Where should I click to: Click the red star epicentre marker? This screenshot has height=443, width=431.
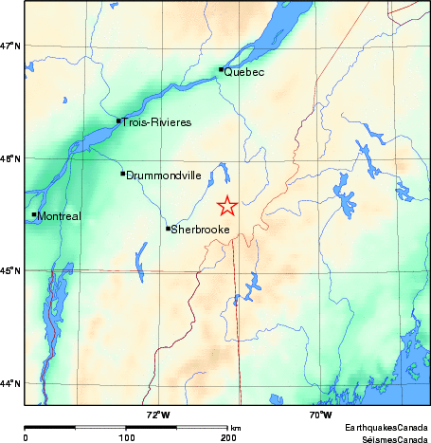tap(227, 206)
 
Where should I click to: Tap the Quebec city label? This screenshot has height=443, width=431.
tap(243, 72)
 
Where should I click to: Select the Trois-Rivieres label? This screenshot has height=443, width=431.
tap(156, 122)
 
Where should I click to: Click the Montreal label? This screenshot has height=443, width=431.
tap(59, 216)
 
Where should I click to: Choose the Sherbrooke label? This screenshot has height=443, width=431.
tap(200, 230)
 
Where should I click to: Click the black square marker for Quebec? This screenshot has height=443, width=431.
tap(221, 69)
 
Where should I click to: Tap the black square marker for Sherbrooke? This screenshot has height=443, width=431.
tap(169, 228)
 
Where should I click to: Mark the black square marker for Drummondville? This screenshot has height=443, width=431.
tap(122, 173)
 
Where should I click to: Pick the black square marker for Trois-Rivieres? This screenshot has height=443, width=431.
tap(118, 120)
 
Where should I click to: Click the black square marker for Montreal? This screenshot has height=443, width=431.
tap(34, 214)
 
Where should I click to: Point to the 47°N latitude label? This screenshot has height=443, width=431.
tap(9, 46)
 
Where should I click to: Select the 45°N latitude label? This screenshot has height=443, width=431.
tap(9, 271)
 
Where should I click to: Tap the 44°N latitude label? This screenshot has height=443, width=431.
tap(9, 383)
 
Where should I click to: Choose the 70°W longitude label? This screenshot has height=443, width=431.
tap(320, 415)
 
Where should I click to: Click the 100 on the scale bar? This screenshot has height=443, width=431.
tap(126, 438)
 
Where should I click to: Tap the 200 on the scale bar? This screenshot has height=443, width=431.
tap(227, 438)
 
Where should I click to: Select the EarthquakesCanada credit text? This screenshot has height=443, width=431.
tap(386, 428)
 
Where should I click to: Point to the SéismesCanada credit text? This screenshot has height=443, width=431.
tap(388, 438)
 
